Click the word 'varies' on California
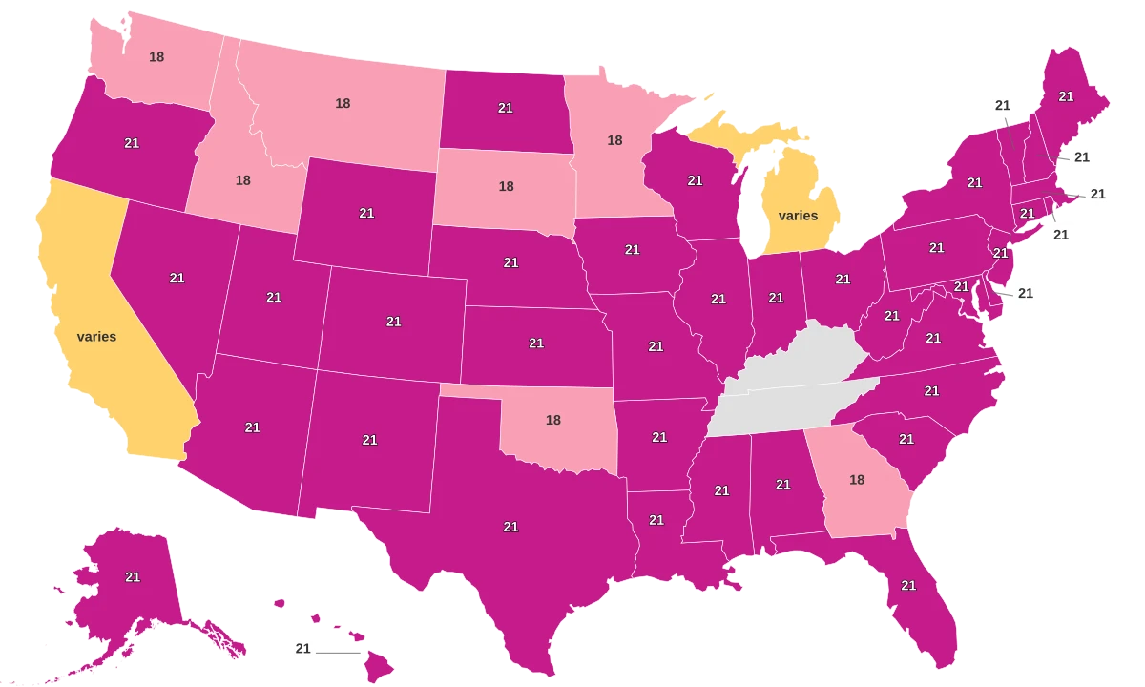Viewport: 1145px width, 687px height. pyautogui.click(x=96, y=337)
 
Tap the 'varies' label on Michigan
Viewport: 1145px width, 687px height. pyautogui.click(x=798, y=216)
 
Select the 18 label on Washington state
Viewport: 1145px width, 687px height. pyautogui.click(x=156, y=56)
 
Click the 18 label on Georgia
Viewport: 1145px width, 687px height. pyautogui.click(x=857, y=480)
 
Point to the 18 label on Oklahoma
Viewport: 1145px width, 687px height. pyautogui.click(x=553, y=419)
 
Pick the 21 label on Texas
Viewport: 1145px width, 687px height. pyautogui.click(x=510, y=527)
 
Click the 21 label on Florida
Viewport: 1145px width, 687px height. pyautogui.click(x=908, y=585)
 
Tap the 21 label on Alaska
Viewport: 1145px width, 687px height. pyautogui.click(x=133, y=577)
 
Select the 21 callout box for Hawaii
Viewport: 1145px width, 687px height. pyautogui.click(x=303, y=649)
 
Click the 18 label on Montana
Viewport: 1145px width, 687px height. pyautogui.click(x=343, y=103)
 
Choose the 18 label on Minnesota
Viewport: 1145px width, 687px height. pyautogui.click(x=615, y=140)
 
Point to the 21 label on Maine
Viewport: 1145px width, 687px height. pyautogui.click(x=1066, y=96)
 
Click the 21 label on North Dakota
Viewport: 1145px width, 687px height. pyautogui.click(x=506, y=109)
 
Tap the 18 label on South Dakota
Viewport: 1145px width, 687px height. pyautogui.click(x=506, y=187)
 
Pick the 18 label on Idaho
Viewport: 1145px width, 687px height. pyautogui.click(x=243, y=179)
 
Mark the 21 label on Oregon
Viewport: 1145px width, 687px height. pyautogui.click(x=132, y=143)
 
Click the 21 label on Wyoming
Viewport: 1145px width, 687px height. pyautogui.click(x=366, y=213)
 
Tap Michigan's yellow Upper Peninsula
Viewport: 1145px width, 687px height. pyautogui.click(x=735, y=134)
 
